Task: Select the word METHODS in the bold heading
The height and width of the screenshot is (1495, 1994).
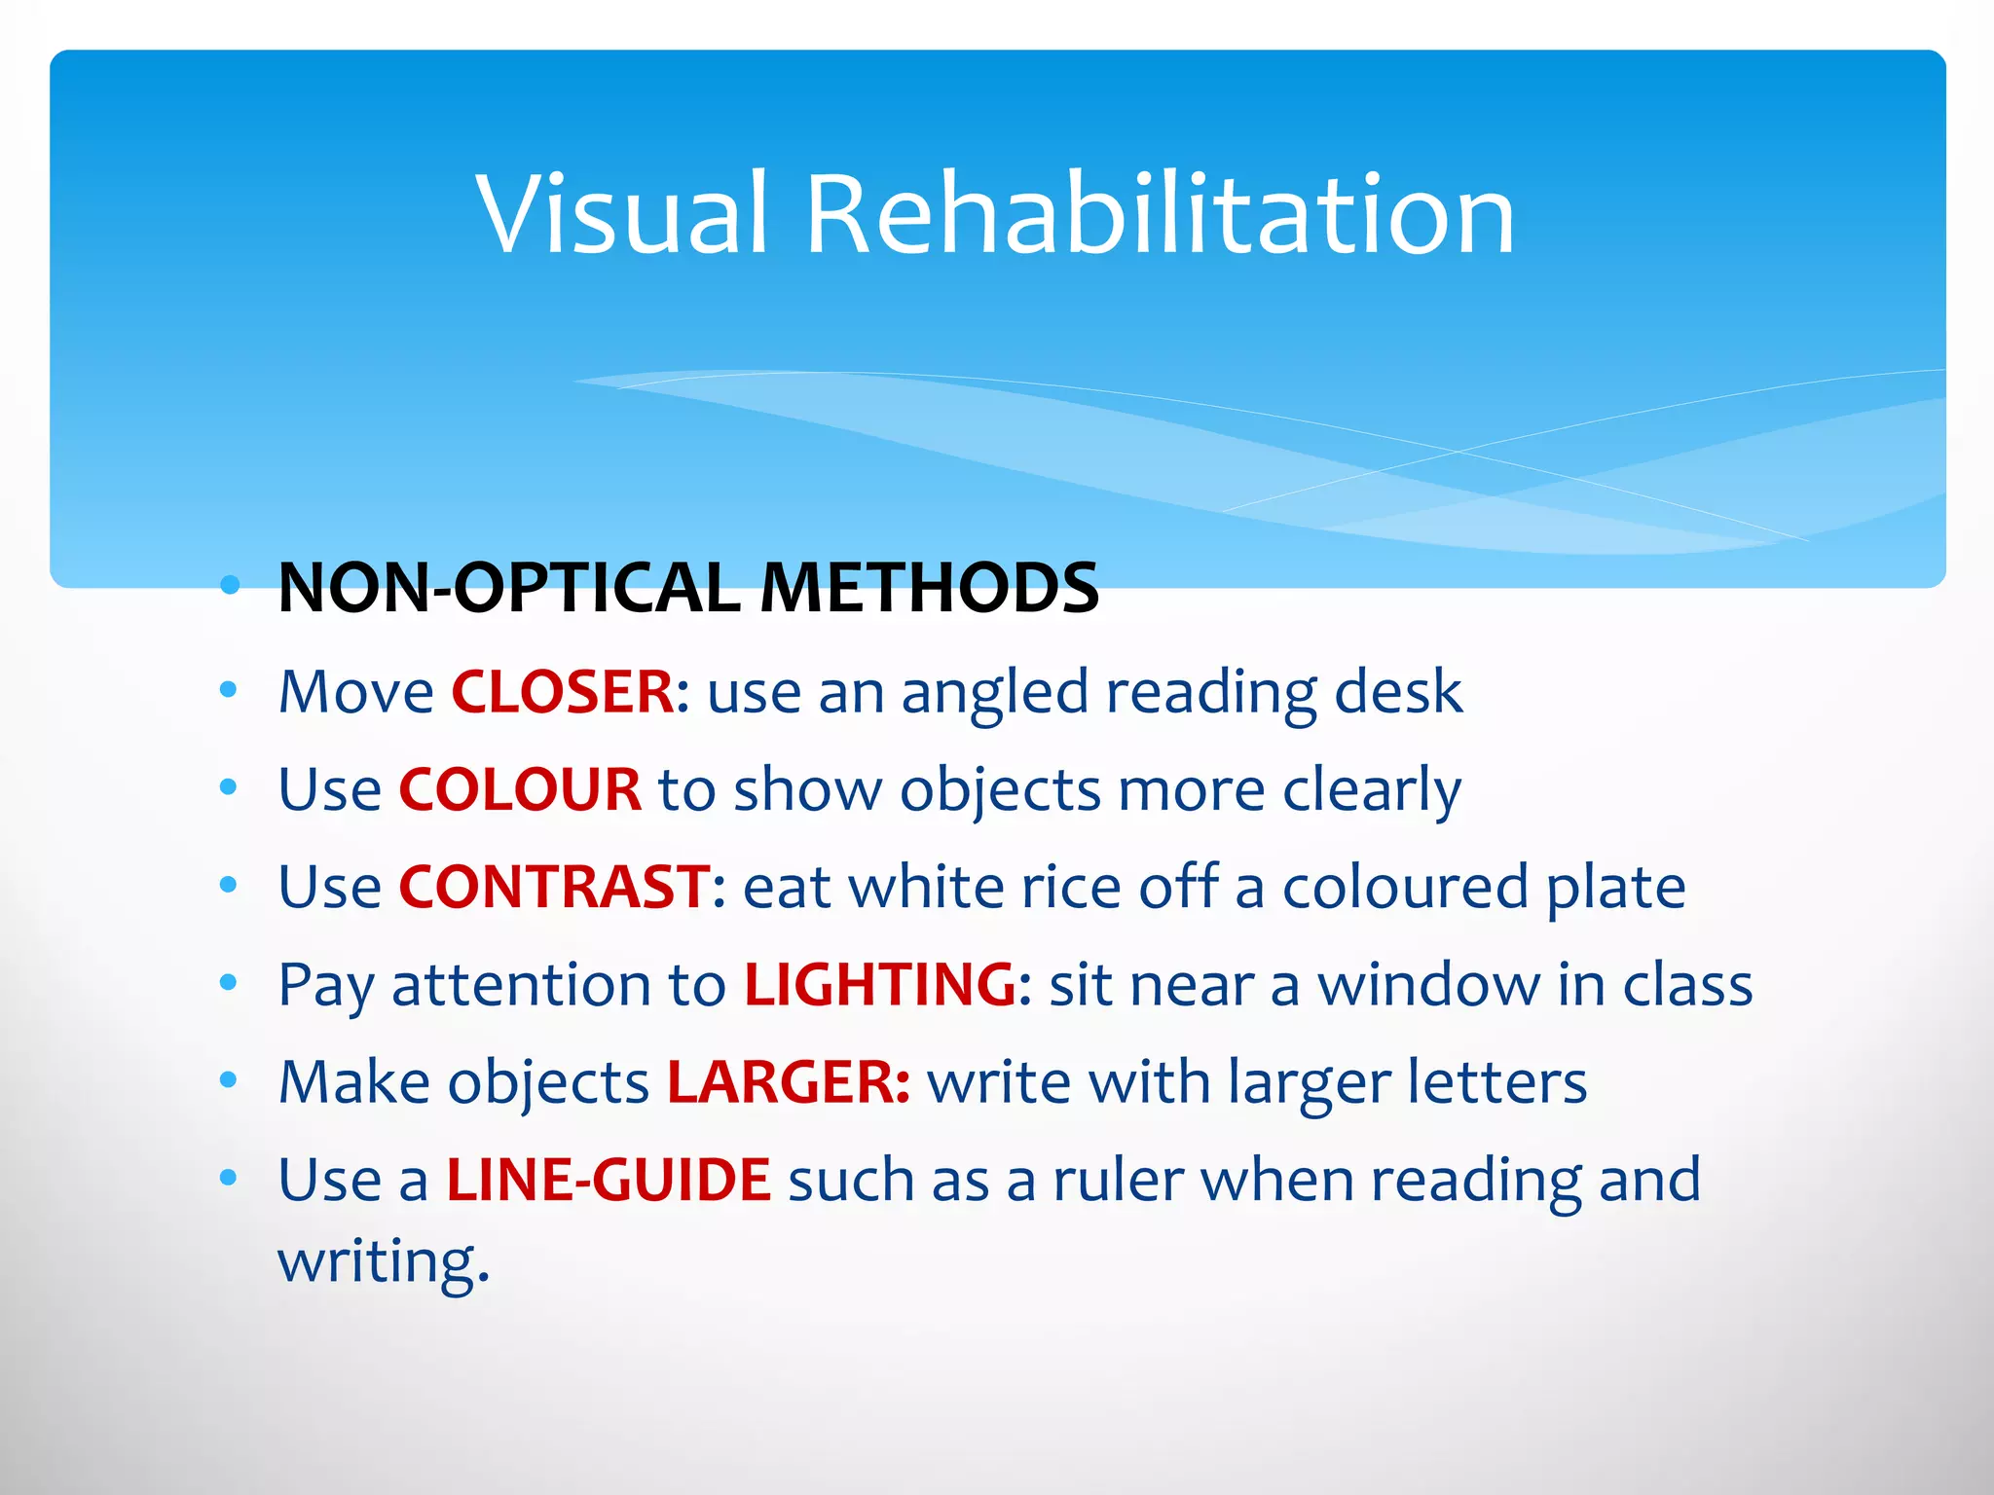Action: pyautogui.click(x=929, y=588)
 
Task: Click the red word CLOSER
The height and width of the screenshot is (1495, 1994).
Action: pyautogui.click(x=562, y=692)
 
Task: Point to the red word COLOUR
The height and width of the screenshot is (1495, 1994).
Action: pyautogui.click(x=520, y=789)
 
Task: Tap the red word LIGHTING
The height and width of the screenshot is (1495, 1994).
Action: pyautogui.click(x=880, y=984)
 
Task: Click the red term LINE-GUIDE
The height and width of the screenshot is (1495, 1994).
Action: pyautogui.click(x=609, y=1180)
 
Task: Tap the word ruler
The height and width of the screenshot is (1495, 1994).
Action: pyautogui.click(x=1118, y=1180)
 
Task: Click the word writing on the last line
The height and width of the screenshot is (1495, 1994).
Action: pyautogui.click(x=383, y=1261)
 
